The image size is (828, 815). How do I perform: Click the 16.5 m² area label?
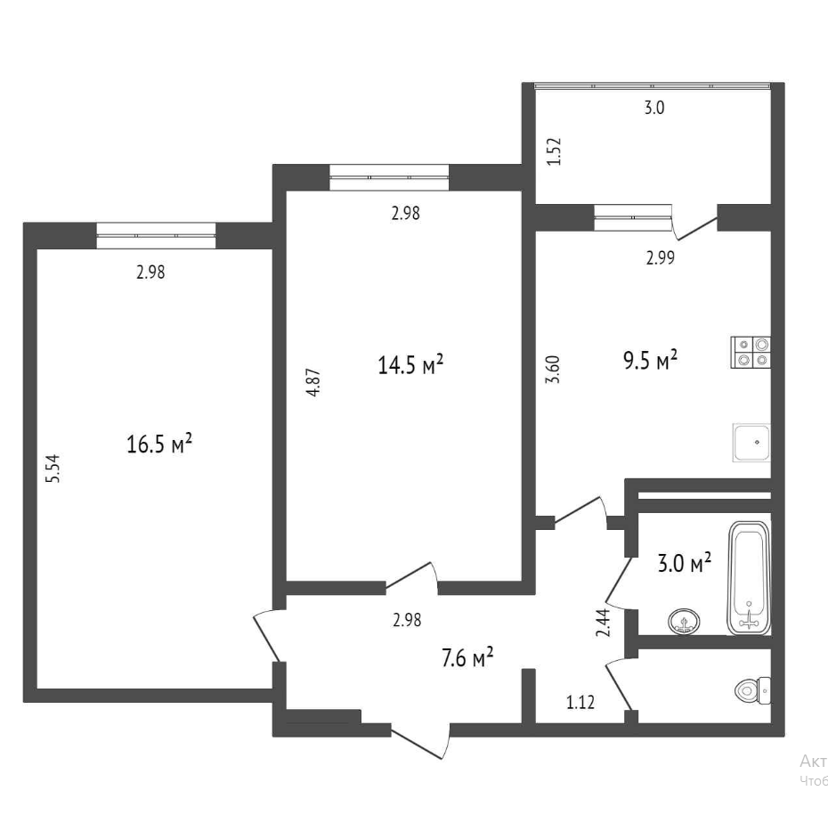tap(160, 444)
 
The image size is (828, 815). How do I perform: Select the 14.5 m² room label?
tap(410, 365)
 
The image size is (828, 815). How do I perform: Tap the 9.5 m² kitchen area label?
tap(649, 361)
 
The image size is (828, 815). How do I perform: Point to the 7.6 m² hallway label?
tap(467, 659)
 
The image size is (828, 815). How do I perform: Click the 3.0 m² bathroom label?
tap(684, 563)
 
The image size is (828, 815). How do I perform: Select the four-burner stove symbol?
tap(751, 353)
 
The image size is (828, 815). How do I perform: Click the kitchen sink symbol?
tap(751, 443)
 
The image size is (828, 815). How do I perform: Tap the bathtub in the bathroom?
tap(749, 577)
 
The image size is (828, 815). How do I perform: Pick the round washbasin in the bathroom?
tap(684, 621)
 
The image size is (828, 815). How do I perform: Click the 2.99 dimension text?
tap(660, 258)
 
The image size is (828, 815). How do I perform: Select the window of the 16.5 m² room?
tap(156, 235)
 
